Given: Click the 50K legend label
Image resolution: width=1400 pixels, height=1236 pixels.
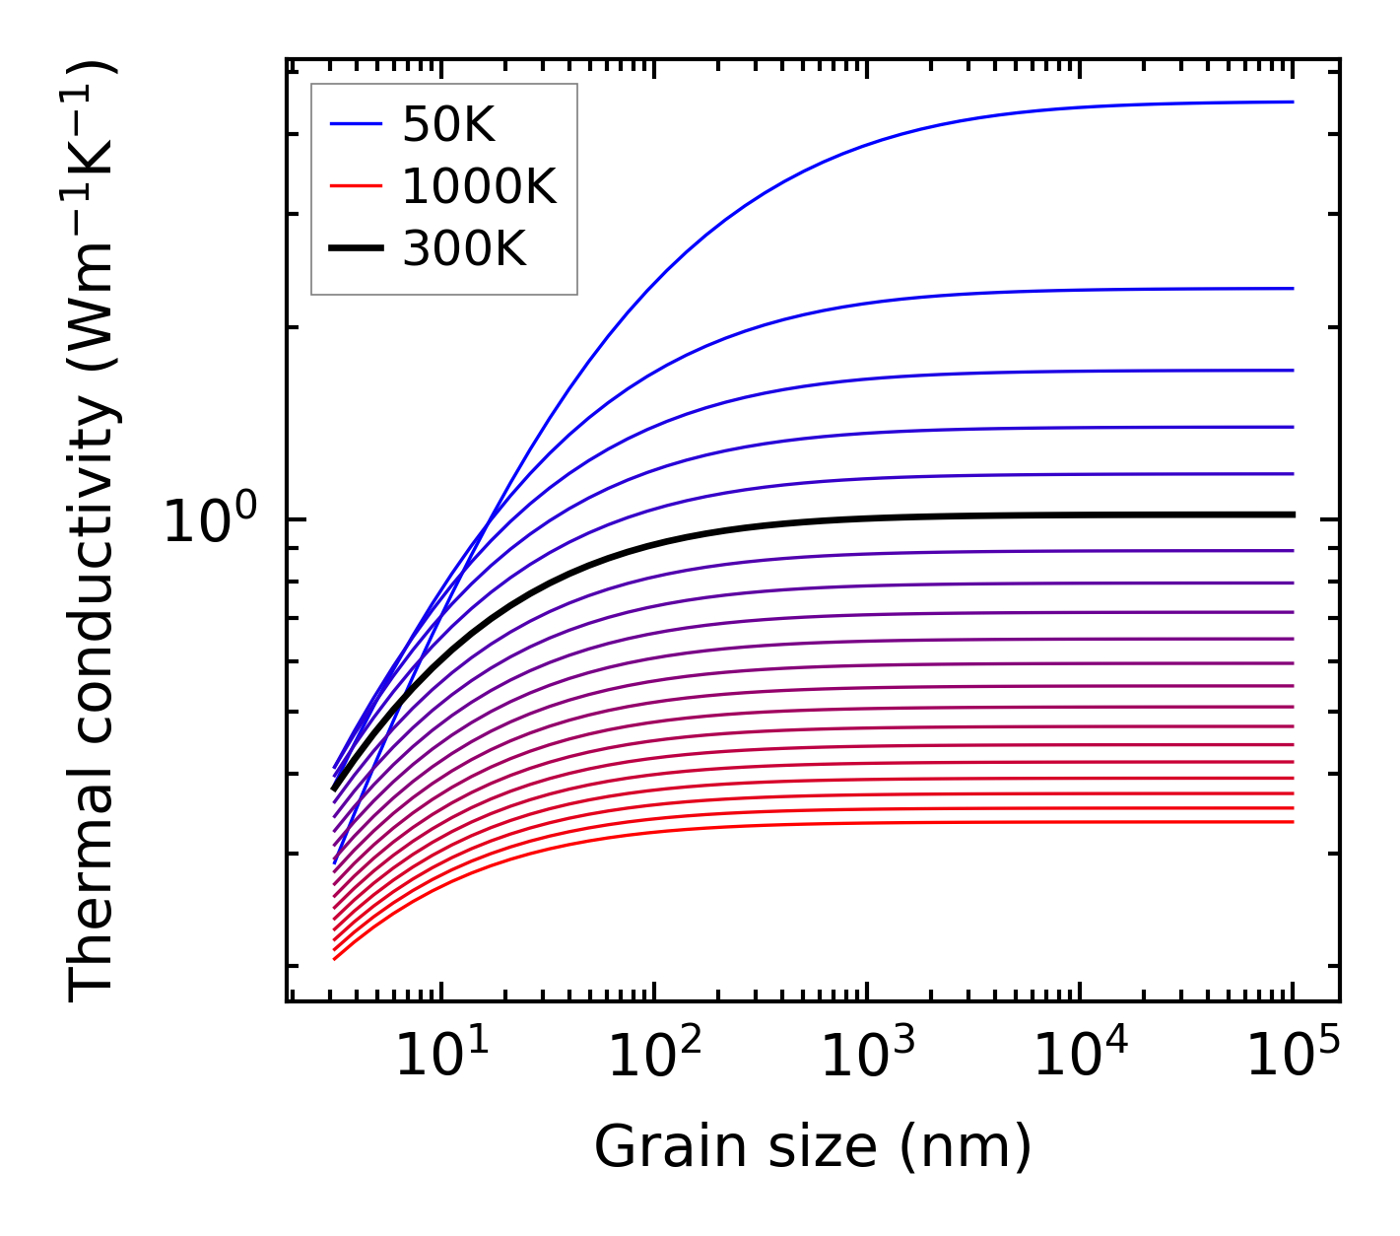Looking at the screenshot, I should coord(448,125).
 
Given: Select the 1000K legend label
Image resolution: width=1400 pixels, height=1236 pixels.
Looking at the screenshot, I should coord(479,187).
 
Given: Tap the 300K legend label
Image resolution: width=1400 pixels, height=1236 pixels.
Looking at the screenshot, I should coord(464,250).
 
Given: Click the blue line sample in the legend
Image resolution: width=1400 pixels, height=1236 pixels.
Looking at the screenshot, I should coord(355,124).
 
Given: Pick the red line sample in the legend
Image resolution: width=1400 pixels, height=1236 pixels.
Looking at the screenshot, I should coord(355,186).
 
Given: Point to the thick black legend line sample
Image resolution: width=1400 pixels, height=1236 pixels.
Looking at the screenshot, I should coord(355,249).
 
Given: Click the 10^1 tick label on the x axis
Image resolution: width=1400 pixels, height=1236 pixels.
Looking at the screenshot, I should coord(441,1058).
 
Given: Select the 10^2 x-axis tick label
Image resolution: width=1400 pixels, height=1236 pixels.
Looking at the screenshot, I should coord(654,1058).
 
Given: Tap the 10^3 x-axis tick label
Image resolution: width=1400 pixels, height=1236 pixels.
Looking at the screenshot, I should coord(867,1058).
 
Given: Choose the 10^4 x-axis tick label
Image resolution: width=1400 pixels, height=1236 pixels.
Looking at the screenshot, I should coord(1080,1058).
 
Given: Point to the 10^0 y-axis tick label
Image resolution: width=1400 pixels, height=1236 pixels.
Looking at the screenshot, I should coord(210,520).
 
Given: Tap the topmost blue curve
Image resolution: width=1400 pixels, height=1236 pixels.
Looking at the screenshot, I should coord(887,140).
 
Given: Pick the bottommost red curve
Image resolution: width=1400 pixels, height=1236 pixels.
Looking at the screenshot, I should coord(788,825).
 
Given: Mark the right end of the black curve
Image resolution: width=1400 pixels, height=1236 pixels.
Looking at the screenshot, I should coord(1292,515).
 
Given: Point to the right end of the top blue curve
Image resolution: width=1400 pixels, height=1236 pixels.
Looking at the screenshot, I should coord(1292,102).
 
